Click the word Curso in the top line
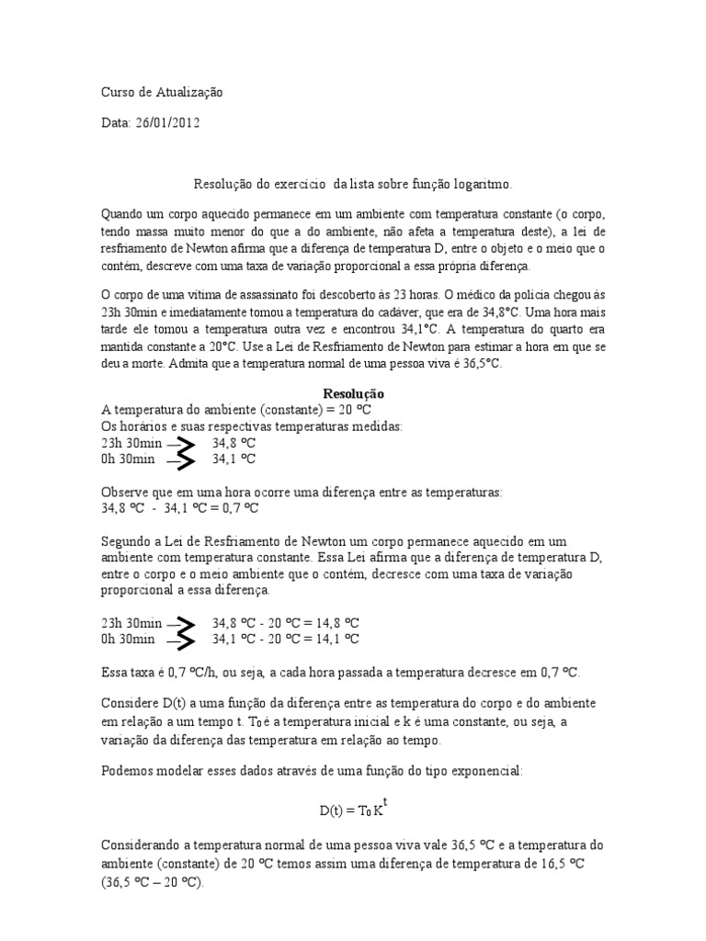tap(116, 93)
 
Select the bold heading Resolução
tap(353, 392)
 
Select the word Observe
tap(123, 492)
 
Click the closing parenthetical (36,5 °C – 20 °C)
tap(152, 880)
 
